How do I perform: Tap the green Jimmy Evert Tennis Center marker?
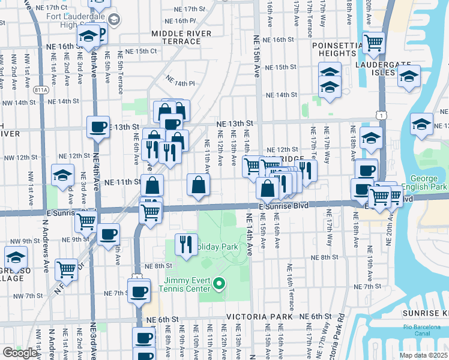point(220,283)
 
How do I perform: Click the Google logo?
point(19,353)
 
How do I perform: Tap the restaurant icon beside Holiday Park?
point(185,243)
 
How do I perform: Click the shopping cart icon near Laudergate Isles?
point(373,43)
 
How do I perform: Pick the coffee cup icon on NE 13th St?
point(98,127)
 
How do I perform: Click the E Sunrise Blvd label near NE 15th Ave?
point(284,205)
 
